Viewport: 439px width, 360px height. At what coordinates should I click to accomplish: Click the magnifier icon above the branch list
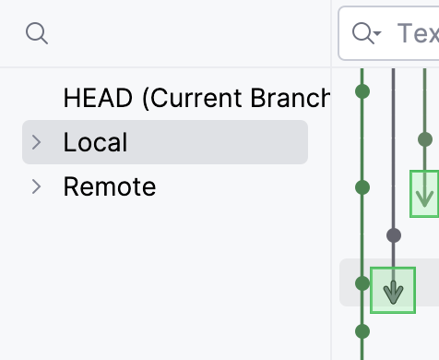[x=36, y=34]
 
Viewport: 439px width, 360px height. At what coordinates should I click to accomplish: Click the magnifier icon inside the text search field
[x=362, y=34]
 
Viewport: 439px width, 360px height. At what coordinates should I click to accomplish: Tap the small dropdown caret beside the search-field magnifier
[x=376, y=36]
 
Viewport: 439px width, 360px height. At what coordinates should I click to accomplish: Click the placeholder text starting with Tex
[x=417, y=34]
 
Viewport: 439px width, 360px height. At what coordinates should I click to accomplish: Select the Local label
[x=95, y=142]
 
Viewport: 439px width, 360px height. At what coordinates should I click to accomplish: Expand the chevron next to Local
[x=37, y=142]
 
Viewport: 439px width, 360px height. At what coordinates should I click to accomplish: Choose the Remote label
[x=109, y=187]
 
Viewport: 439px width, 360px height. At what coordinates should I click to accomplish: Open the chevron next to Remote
[x=37, y=187]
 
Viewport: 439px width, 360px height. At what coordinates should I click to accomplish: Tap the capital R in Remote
[x=70, y=187]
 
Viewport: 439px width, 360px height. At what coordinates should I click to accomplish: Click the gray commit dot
[x=394, y=234]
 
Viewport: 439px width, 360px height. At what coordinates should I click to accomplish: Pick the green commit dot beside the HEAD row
[x=362, y=91]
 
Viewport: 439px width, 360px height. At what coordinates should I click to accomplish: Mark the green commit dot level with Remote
[x=362, y=187]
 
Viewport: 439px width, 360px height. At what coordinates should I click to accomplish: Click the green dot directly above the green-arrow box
[x=424, y=139]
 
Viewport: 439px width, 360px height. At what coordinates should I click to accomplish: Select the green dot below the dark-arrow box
[x=362, y=330]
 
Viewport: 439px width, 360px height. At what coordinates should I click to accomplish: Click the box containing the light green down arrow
[x=424, y=193]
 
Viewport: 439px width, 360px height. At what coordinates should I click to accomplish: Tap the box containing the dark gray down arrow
[x=394, y=290]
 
